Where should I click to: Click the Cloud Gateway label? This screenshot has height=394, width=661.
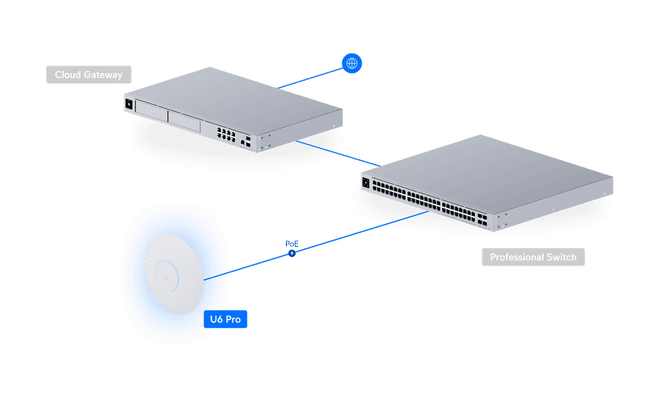pyautogui.click(x=88, y=75)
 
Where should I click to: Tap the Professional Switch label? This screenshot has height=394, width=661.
pyautogui.click(x=533, y=257)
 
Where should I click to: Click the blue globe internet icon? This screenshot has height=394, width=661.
pyautogui.click(x=352, y=63)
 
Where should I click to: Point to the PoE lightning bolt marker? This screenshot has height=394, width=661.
pyautogui.click(x=292, y=254)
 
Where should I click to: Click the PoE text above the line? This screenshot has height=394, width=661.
pyautogui.click(x=292, y=244)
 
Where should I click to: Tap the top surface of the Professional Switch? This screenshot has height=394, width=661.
pyautogui.click(x=491, y=168)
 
